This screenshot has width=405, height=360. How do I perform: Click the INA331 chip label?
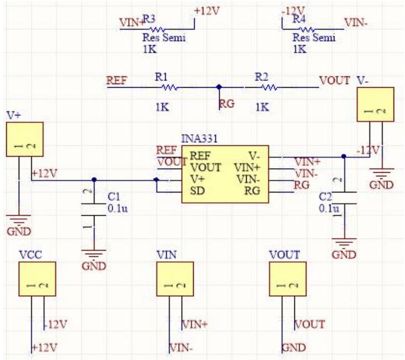[199, 140]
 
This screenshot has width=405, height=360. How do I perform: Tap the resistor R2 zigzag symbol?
[269, 88]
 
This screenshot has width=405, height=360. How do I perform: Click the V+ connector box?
[24, 139]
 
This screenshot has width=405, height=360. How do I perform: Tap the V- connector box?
[375, 105]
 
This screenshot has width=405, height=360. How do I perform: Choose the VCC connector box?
[37, 279]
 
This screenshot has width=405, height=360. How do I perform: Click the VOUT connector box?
[287, 279]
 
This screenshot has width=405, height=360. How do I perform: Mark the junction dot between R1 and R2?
[219, 88]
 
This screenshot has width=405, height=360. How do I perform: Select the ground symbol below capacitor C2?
[344, 242]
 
